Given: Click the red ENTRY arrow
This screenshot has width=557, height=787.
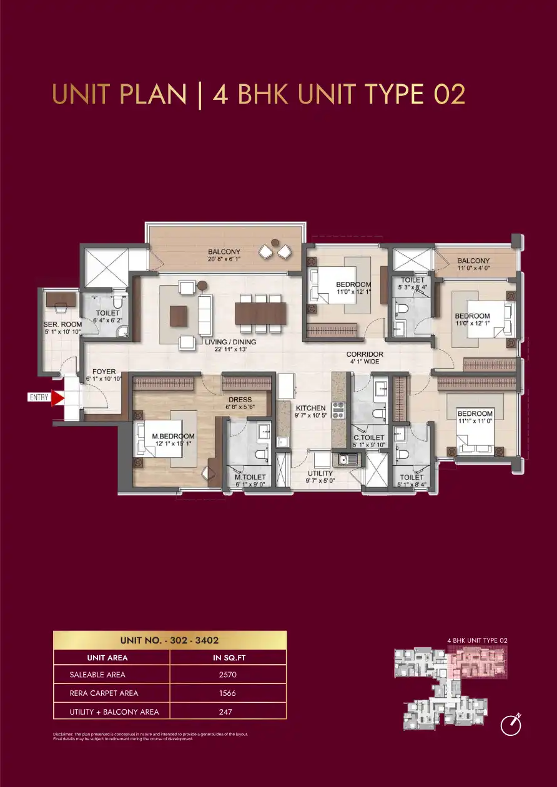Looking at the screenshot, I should [57, 398].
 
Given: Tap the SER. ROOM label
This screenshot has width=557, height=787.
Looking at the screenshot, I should [62, 324].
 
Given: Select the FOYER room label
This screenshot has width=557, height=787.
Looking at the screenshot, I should [104, 372].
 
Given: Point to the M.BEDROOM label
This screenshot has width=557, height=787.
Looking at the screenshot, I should [173, 436].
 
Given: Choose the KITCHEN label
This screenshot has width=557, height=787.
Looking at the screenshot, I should [311, 408].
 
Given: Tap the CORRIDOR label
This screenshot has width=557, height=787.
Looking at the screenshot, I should [365, 354].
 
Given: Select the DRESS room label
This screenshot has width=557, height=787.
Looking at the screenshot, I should [240, 400].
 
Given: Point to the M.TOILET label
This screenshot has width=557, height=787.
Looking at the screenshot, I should [250, 477].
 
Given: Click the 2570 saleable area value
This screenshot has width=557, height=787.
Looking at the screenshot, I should [229, 675].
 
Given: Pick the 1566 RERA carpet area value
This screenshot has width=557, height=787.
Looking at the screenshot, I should [229, 693].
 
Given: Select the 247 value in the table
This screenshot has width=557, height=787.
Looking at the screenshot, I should [229, 712].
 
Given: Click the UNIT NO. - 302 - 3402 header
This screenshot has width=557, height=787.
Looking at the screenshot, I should [169, 640].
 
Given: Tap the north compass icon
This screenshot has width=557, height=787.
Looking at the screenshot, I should [511, 725].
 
